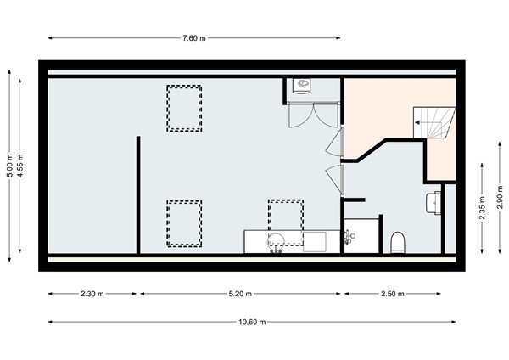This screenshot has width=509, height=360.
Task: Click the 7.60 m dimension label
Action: click(194, 38)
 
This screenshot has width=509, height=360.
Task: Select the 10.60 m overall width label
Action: click(252, 322)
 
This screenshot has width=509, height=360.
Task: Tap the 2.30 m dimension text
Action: click(92, 294)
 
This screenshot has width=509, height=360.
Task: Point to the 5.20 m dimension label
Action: click(241, 294)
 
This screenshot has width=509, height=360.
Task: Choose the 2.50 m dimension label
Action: click(392, 294)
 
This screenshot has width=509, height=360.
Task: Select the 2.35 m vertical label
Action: click(483, 209)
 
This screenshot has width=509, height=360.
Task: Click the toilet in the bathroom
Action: click(397, 244)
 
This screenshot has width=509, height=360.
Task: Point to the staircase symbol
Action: click(434, 123)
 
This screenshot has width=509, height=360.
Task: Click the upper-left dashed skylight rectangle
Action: click(184, 108)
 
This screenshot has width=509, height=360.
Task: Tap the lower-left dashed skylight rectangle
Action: click(183, 222)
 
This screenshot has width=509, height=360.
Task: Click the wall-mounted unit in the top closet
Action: click(301, 86)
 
